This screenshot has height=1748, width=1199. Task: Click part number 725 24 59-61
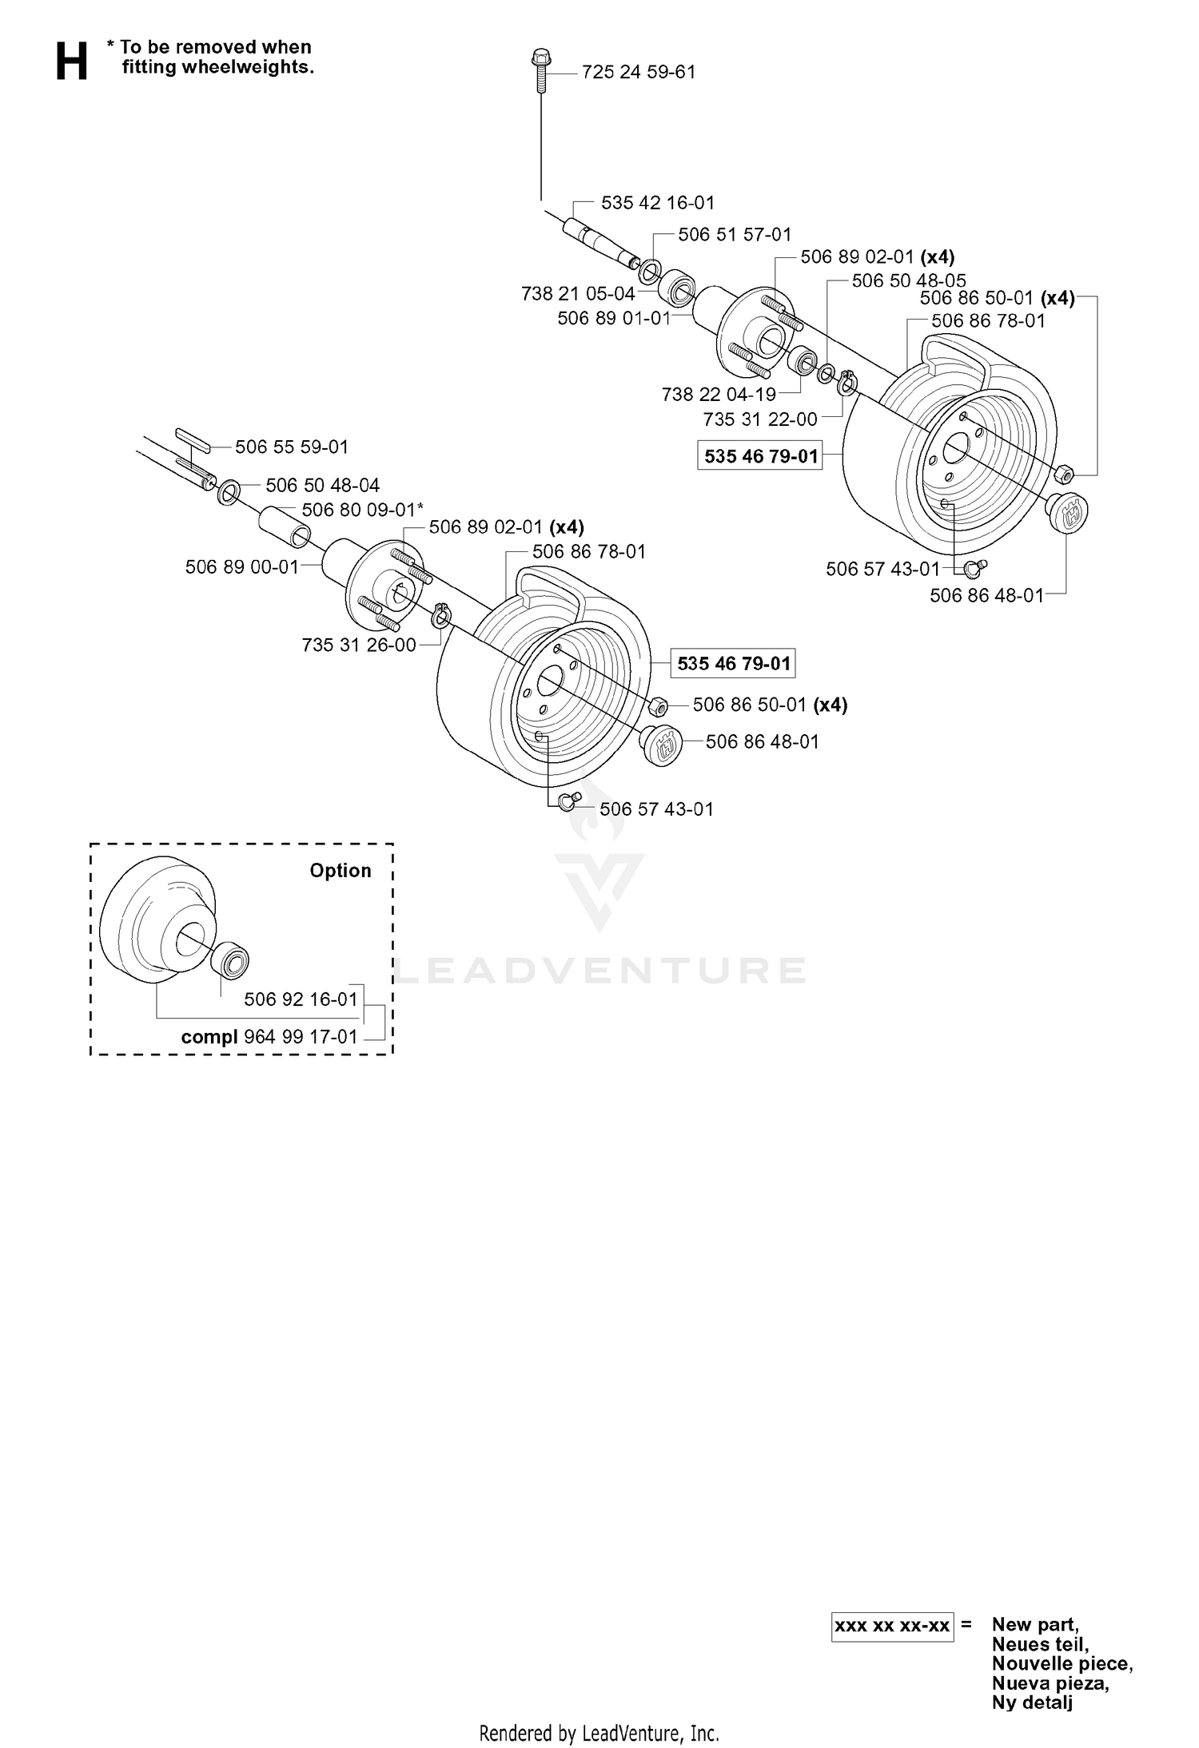(x=639, y=72)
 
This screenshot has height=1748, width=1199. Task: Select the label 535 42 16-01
(x=658, y=203)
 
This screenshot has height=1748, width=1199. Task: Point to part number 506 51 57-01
(x=735, y=235)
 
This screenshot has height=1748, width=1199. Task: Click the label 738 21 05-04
(x=578, y=294)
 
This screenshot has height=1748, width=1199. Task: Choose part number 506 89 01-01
(x=614, y=318)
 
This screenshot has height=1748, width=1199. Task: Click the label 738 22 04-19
(x=719, y=394)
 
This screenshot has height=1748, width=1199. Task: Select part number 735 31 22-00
(x=760, y=419)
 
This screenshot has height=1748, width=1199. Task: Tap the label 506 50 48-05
(x=909, y=281)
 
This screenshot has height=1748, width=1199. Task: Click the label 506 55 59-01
(x=292, y=447)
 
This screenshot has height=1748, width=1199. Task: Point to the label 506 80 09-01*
(x=363, y=510)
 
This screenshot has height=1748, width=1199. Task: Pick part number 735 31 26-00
(x=359, y=645)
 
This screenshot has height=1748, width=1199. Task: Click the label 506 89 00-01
(x=242, y=567)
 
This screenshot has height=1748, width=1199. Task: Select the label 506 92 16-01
(x=301, y=999)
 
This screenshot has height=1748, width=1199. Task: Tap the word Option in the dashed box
(x=341, y=871)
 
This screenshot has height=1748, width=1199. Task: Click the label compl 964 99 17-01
(x=269, y=1037)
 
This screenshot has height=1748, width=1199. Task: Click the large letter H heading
(x=71, y=62)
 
